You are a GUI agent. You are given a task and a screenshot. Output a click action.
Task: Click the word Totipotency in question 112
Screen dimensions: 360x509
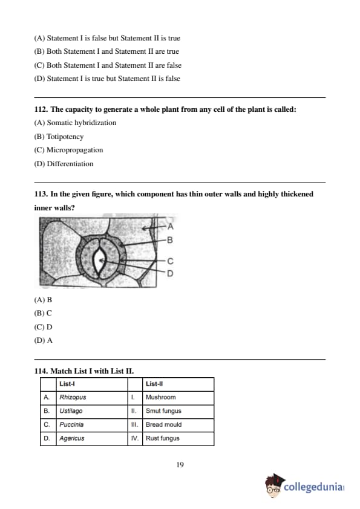(65, 137)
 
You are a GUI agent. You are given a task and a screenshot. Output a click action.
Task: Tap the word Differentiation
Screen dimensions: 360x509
(70, 164)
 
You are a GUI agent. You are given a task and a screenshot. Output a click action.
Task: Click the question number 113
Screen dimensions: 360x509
(41, 194)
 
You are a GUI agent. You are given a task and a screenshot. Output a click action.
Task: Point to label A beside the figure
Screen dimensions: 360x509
(171, 227)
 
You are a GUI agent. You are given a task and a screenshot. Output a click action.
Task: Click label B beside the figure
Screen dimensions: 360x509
(169, 240)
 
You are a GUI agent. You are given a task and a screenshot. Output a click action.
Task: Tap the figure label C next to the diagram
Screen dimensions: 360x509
(170, 261)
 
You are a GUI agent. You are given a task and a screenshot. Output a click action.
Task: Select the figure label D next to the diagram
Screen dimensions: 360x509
(170, 274)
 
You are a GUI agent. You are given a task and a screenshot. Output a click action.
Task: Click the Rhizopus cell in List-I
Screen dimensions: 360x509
(92, 397)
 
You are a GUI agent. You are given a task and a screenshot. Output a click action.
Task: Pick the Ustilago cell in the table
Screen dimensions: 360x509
(92, 411)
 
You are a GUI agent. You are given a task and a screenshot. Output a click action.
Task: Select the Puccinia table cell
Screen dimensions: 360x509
(92, 424)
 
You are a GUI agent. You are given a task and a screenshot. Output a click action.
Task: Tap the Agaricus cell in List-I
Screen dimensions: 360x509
(92, 438)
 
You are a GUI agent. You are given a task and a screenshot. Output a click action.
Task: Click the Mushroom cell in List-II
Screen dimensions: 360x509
(178, 397)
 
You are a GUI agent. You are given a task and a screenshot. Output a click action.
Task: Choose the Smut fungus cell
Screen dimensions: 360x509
(178, 411)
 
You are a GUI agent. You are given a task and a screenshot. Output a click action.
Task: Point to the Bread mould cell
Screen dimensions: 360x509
(178, 424)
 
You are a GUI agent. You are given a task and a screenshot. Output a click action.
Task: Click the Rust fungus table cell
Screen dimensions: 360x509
(178, 438)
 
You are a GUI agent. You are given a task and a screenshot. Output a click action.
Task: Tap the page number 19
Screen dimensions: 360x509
(180, 465)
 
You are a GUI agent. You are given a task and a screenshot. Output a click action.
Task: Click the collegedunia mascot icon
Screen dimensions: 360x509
(274, 485)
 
